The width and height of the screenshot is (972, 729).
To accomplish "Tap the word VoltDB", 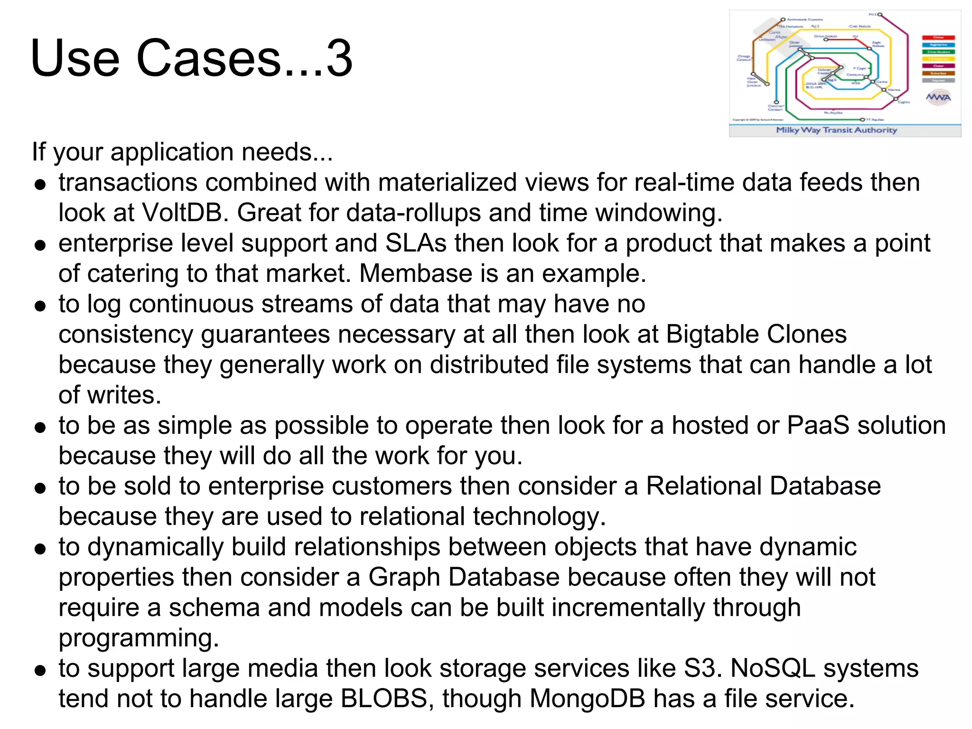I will (182, 213).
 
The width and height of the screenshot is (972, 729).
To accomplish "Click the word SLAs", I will (416, 243).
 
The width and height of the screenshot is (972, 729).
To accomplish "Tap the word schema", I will (214, 607).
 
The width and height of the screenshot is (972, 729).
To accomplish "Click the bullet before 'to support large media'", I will (40, 670).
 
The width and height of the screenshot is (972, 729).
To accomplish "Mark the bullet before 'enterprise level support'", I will (40, 245).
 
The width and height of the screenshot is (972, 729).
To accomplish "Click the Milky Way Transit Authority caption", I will (836, 130).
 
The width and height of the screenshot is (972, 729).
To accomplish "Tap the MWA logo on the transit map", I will (938, 98).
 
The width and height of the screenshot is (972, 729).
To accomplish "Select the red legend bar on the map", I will (938, 37).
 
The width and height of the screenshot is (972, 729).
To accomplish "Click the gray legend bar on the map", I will (938, 81).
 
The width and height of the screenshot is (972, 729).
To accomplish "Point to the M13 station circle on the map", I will (879, 15).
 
